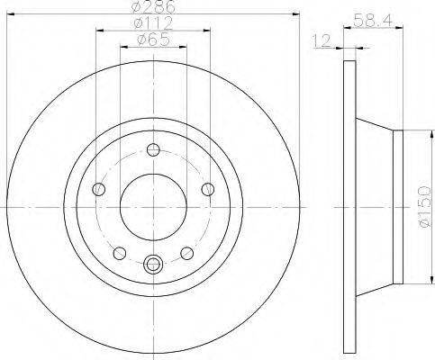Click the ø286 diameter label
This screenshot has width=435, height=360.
[153, 6]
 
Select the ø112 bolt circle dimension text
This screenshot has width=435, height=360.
[153, 23]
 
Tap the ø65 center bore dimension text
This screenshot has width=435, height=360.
[153, 40]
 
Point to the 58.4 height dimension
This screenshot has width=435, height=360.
[373, 21]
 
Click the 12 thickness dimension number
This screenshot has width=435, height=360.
[322, 40]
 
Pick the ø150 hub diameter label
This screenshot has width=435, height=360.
[425, 207]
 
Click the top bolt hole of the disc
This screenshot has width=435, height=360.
[153, 149]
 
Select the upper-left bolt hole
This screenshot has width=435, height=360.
[99, 189]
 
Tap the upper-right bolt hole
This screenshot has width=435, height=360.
[208, 189]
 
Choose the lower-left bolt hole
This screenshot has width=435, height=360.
[120, 253]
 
